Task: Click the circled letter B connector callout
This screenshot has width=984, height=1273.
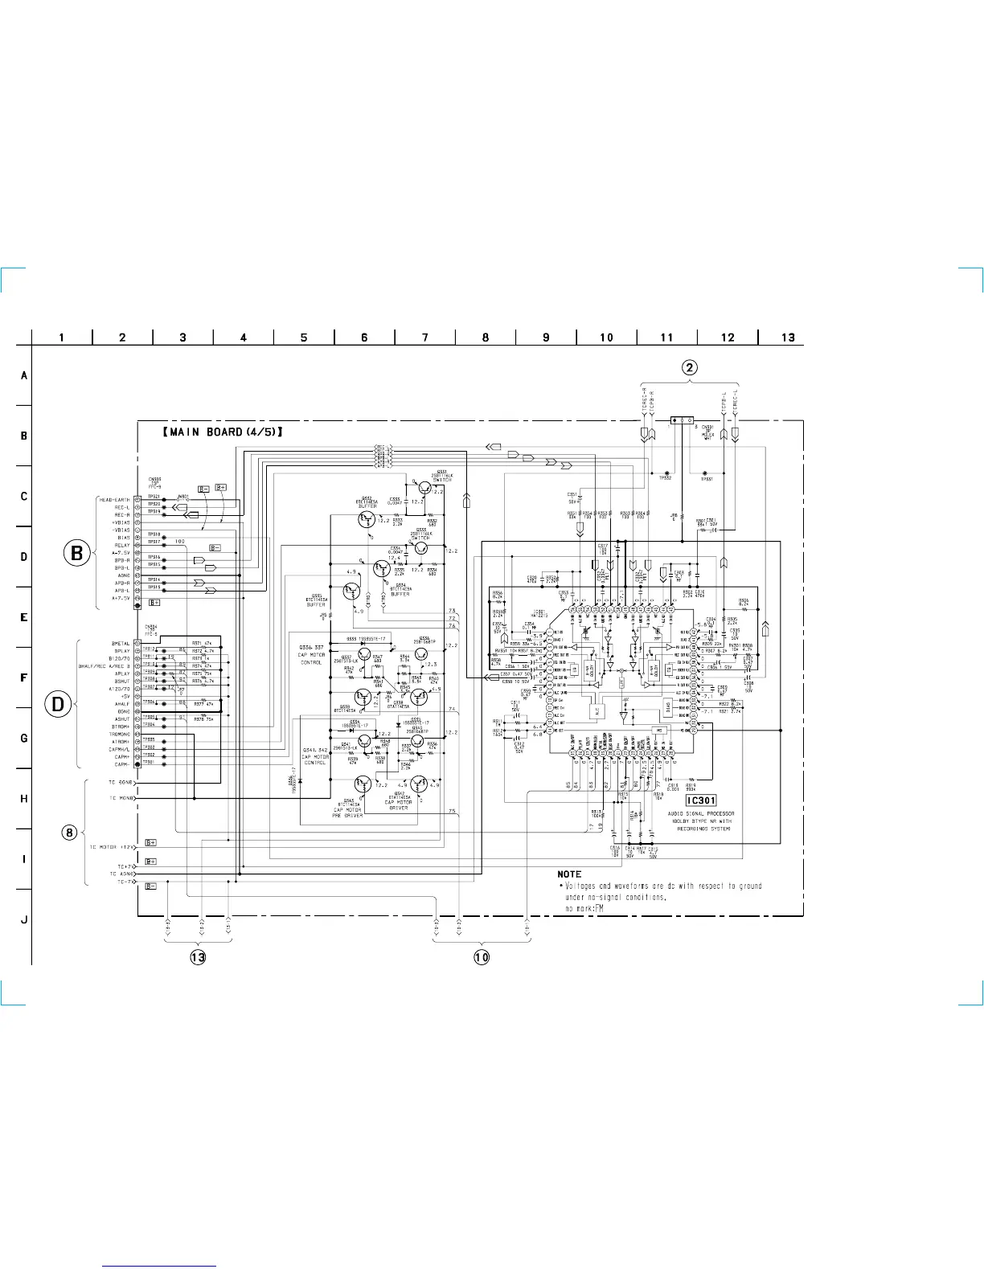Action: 76,553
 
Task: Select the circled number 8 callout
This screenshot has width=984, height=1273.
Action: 70,832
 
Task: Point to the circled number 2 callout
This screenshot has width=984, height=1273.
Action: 690,368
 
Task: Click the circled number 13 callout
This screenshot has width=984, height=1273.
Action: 198,956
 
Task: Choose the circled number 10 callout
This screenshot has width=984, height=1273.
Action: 481,956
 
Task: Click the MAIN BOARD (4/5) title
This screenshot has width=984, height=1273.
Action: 223,432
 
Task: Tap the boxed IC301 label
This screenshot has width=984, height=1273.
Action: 699,800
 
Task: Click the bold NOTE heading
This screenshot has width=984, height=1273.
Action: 569,874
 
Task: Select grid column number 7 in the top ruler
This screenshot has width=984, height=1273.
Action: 425,338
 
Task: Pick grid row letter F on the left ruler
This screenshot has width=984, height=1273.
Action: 24,677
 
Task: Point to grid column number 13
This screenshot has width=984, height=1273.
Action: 788,338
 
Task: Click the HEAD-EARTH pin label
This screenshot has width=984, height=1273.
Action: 114,500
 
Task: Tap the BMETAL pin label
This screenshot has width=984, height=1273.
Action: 121,643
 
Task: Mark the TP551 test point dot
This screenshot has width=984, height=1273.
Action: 705,472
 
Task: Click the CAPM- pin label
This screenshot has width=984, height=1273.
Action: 122,764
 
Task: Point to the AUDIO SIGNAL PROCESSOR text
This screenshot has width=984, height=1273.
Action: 700,813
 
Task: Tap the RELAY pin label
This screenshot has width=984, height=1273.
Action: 121,545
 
